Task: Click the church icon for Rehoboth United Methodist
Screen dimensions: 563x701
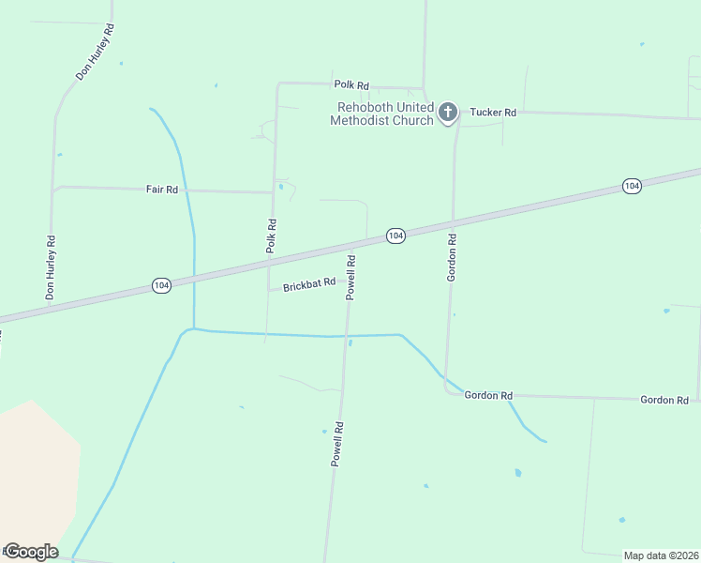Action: tap(448, 114)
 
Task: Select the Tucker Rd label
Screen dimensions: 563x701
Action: tap(493, 113)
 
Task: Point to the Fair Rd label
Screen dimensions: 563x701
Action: tap(161, 190)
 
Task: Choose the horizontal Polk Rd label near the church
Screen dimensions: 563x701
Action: tap(350, 85)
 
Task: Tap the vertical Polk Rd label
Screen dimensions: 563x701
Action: tap(272, 236)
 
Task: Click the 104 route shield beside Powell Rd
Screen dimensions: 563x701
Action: tap(395, 236)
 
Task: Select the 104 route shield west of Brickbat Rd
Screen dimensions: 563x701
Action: tap(161, 285)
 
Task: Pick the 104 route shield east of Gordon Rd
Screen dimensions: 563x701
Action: tap(632, 187)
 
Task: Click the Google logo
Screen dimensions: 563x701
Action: tap(30, 552)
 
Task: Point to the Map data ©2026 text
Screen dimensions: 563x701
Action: tap(661, 555)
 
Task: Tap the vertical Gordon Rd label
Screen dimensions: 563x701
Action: tap(452, 258)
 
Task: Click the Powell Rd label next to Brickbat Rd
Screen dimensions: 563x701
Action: tap(351, 277)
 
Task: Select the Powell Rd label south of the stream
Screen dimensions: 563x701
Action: tap(337, 444)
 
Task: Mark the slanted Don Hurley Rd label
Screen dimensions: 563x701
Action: tap(95, 53)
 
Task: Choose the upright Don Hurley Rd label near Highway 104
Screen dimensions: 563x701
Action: tap(51, 268)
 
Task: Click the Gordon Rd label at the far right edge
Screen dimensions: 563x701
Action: tap(664, 400)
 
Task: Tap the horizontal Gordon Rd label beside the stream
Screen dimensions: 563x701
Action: tap(488, 396)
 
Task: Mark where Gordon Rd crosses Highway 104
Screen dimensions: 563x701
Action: tap(454, 224)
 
